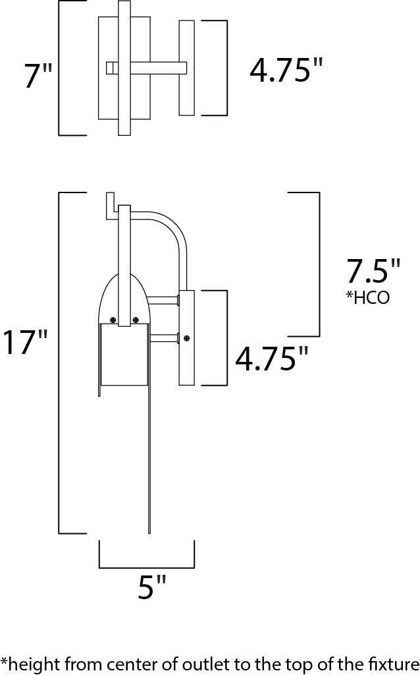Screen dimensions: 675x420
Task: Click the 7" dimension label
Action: [38, 76]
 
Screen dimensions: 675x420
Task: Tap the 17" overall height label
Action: [24, 342]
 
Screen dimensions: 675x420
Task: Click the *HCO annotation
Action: [367, 298]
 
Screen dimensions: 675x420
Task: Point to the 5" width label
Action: [151, 587]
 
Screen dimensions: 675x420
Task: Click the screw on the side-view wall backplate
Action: [187, 338]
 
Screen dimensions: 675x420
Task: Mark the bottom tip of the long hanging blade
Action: [150, 531]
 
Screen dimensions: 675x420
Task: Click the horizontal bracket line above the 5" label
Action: [147, 567]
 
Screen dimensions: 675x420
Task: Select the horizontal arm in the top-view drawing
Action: [155, 67]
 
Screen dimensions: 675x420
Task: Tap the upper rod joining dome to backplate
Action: [163, 301]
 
